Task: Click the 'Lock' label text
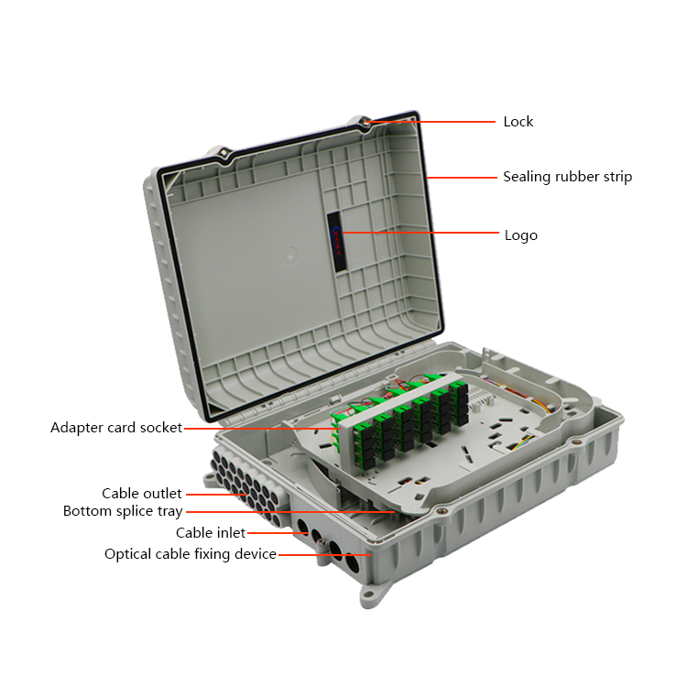(x=518, y=121)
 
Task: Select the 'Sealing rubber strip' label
(x=567, y=177)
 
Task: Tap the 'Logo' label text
(x=521, y=235)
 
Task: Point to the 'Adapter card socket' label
(x=116, y=428)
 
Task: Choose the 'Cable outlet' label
(x=141, y=494)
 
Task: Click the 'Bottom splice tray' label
(x=123, y=511)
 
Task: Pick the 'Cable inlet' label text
(x=211, y=533)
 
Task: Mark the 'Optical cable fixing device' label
(x=191, y=554)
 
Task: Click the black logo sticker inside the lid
(x=336, y=242)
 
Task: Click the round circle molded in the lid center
(x=289, y=255)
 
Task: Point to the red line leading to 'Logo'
(x=420, y=233)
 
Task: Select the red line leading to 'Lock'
(x=431, y=122)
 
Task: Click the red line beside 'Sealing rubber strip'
(x=462, y=178)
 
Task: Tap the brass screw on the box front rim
(x=440, y=510)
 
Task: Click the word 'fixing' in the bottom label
(x=213, y=554)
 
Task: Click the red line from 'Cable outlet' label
(x=217, y=495)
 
